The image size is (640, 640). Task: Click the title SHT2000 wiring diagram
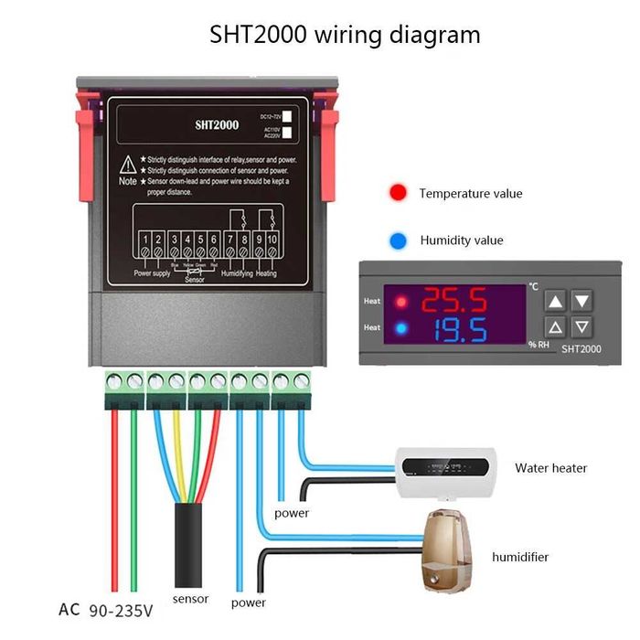345,36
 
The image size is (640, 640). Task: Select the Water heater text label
550,468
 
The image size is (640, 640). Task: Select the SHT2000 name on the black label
216,125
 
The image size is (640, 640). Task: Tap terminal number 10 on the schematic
272,240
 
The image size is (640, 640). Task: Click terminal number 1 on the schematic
144,240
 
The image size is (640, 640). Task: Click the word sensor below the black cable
190,599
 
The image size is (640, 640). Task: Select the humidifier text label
520,556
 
